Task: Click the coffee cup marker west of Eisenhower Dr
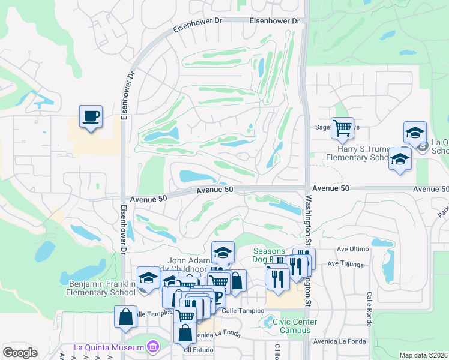[x=91, y=116]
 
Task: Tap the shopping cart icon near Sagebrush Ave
[x=342, y=127]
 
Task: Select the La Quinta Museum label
[x=109, y=347]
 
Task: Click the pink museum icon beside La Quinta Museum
[x=153, y=347]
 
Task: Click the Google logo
[x=20, y=353]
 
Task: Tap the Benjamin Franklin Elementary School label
[x=102, y=288]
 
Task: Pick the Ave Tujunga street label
[x=346, y=264]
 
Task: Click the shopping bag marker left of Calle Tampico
[x=125, y=317]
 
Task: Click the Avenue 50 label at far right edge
[x=430, y=189]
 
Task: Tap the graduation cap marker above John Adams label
[x=223, y=251]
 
